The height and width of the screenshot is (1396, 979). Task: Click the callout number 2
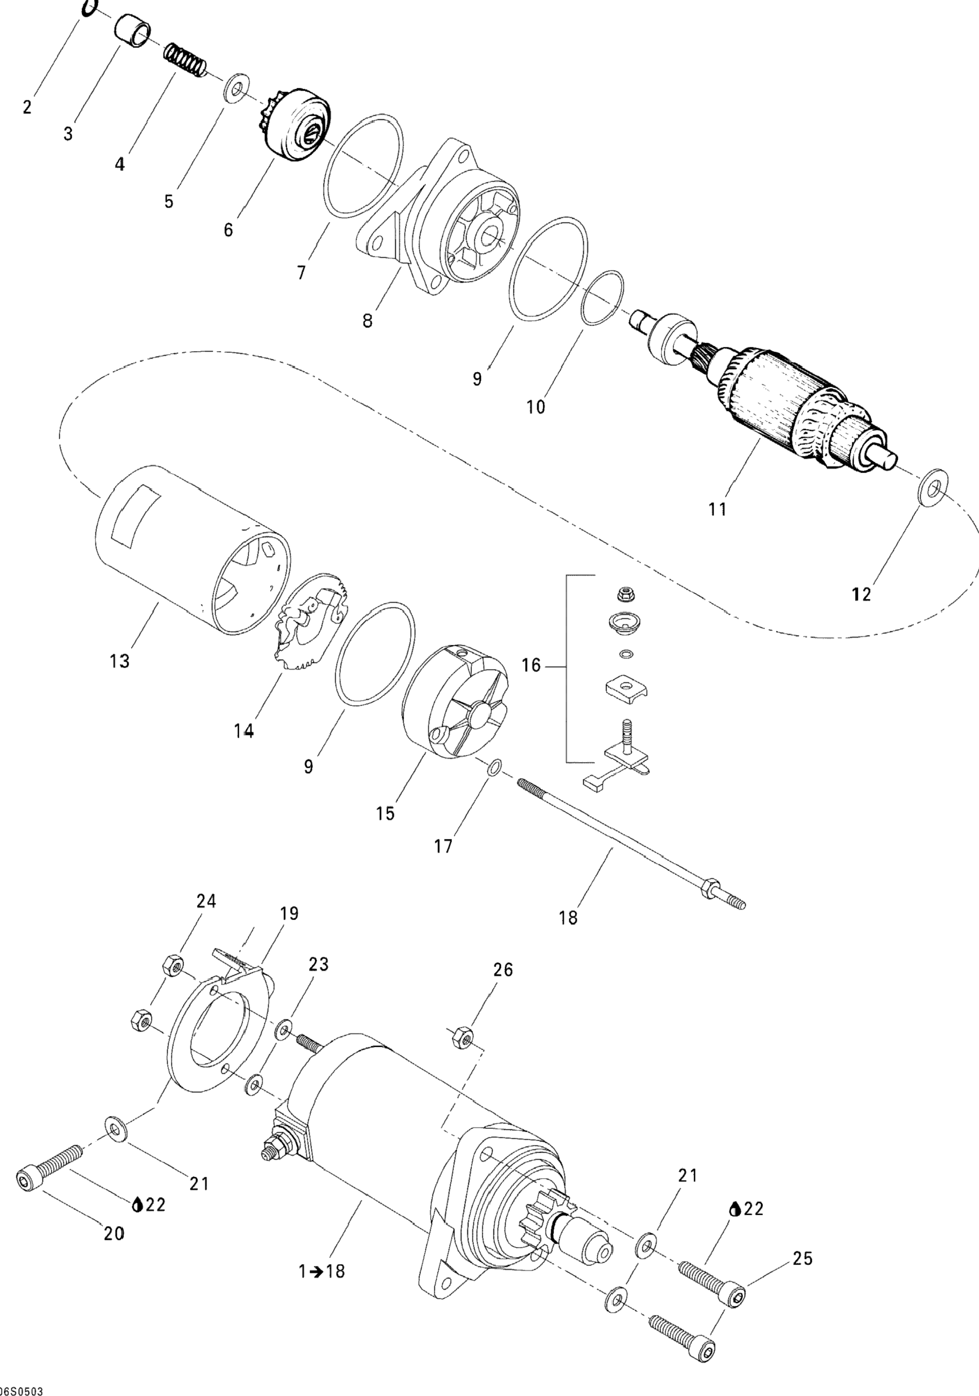pos(27,108)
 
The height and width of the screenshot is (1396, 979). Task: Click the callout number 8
pos(367,320)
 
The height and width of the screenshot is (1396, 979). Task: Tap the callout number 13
pos(120,661)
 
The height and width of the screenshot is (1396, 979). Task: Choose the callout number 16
pos(531,666)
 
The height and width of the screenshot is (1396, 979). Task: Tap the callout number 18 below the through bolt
pos(568,917)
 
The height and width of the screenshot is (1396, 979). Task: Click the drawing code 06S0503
pos(22,1390)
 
